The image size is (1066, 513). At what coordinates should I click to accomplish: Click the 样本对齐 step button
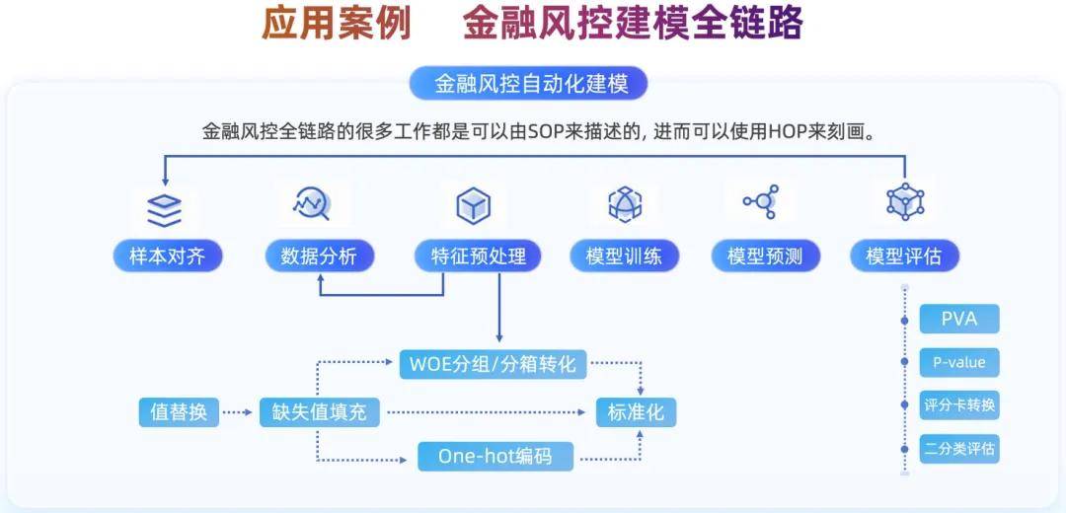point(167,256)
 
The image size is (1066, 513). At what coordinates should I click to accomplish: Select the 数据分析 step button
point(319,256)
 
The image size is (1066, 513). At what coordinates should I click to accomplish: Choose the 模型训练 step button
point(624,256)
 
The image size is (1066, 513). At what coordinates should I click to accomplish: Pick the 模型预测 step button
point(765,256)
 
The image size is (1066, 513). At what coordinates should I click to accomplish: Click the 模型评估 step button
point(905,256)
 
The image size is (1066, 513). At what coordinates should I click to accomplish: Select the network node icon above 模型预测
point(761,202)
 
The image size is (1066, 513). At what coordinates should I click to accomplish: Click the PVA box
point(959,319)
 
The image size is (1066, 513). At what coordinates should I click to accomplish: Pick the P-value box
point(959,362)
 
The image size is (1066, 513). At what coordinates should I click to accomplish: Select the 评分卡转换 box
point(959,405)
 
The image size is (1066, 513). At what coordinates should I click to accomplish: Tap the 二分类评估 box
point(959,449)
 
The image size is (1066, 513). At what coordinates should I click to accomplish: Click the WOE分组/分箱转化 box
point(493,364)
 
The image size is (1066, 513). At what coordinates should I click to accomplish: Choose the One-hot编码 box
point(495,456)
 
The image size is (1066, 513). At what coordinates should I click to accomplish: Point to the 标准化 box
point(636,412)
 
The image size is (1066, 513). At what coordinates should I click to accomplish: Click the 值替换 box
point(179,412)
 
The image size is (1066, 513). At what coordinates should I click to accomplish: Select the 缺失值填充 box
point(320,412)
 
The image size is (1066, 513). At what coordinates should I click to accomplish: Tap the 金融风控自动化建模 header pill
point(528,84)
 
